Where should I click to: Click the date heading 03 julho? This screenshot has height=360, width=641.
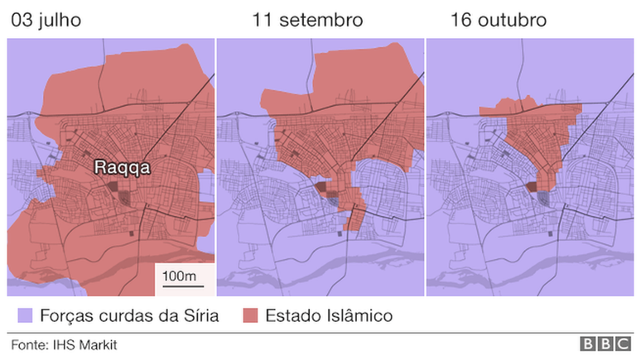tap(46, 20)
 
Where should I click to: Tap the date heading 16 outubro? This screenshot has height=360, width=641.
tap(498, 20)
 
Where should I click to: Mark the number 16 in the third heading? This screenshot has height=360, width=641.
tap(460, 20)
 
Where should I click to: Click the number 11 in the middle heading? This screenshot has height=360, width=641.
tap(263, 20)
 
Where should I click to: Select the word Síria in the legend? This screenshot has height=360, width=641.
tap(201, 315)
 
